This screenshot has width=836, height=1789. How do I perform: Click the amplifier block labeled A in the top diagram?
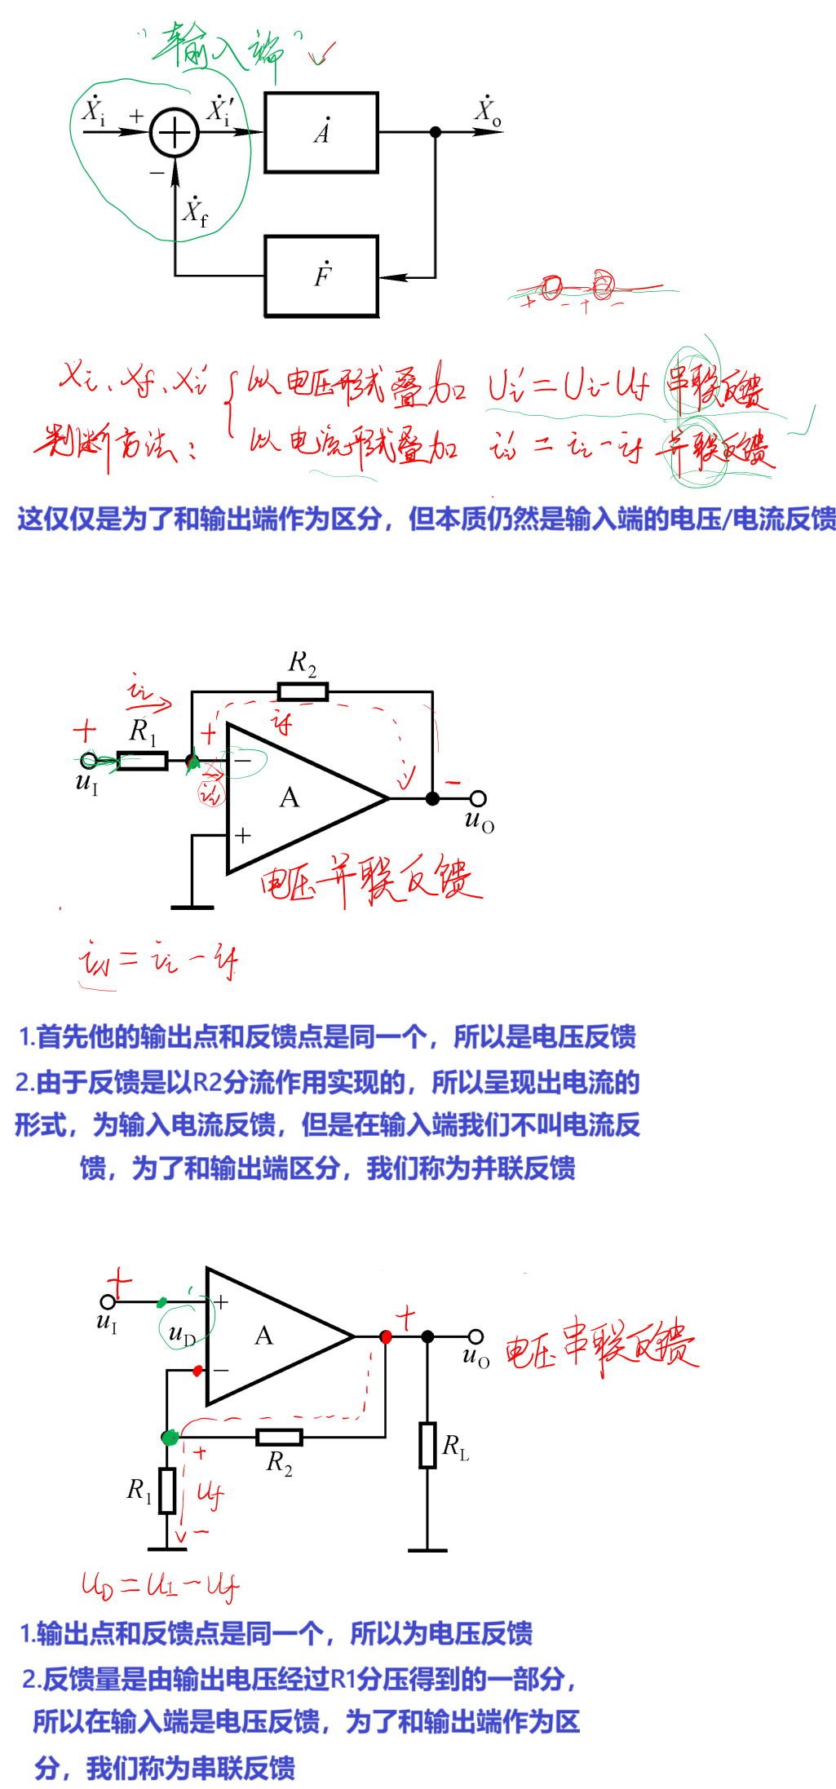[321, 132]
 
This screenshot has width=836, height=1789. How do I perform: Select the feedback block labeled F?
[321, 276]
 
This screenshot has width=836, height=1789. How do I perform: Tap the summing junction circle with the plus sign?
[175, 132]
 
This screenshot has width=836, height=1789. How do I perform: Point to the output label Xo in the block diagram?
[489, 111]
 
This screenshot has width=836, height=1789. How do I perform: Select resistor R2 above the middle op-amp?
[303, 692]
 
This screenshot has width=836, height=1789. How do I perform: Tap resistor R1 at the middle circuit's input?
[143, 762]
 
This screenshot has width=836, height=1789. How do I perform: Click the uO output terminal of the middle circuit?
[479, 798]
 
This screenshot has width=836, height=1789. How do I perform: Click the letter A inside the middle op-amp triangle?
[290, 797]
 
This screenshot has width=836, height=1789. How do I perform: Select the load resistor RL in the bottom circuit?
[428, 1445]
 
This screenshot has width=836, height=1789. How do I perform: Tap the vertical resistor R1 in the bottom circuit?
[167, 1491]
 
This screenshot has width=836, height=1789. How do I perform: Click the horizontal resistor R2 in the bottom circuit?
[279, 1438]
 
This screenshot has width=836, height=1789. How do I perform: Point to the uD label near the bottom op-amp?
[181, 1335]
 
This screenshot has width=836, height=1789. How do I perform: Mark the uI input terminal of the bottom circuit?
[108, 1301]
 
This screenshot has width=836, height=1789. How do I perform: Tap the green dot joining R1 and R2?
[170, 1438]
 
